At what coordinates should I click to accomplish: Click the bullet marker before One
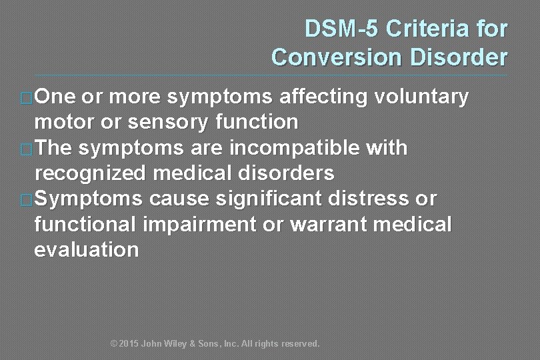click(x=27, y=98)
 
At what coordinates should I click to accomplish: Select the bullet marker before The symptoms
click(x=27, y=149)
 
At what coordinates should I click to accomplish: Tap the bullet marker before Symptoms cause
click(x=27, y=199)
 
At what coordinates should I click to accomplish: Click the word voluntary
click(x=421, y=97)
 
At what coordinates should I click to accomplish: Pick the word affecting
click(x=323, y=97)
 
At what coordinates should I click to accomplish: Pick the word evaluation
click(x=86, y=249)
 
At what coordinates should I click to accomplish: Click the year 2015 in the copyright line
click(x=129, y=344)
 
